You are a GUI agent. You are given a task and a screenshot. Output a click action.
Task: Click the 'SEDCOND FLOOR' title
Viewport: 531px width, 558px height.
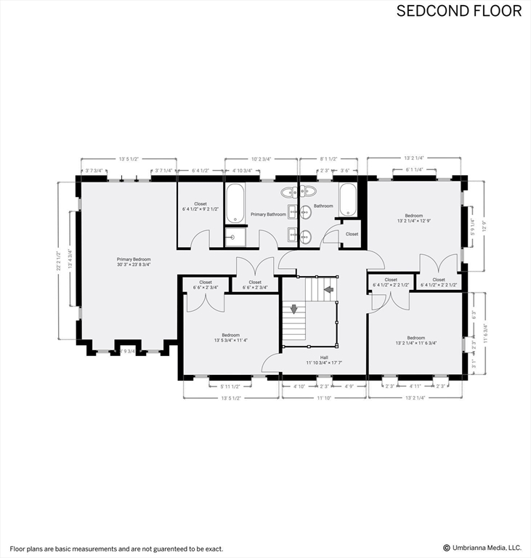[x=458, y=11]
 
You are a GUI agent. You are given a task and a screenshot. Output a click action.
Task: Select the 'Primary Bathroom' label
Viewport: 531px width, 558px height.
[x=268, y=214]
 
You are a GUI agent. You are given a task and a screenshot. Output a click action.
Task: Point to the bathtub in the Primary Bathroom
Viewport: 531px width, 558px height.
[x=235, y=203]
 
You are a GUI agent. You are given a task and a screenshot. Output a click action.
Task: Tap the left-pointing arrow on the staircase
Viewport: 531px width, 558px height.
[x=328, y=289]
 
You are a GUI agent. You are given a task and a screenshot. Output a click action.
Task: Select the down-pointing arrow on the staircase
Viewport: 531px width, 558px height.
[x=293, y=309]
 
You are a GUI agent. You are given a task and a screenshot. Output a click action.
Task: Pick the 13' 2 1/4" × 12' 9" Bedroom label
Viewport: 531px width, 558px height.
[x=414, y=217]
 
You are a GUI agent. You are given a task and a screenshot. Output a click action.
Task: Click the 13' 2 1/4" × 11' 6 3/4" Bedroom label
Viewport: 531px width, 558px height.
[x=416, y=340]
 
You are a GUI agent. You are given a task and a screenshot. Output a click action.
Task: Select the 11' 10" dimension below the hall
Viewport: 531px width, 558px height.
[x=324, y=397]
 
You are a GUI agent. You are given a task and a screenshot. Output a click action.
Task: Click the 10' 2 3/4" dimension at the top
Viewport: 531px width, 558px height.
[x=261, y=159]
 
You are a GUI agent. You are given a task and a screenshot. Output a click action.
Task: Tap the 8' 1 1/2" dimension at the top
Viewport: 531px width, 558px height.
[x=328, y=159]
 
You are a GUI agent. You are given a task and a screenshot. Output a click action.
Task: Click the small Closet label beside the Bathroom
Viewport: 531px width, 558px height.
[x=352, y=234]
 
